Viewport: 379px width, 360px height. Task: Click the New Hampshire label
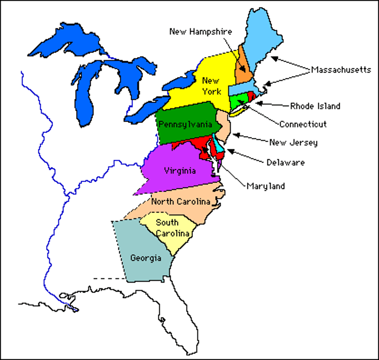point(200,31)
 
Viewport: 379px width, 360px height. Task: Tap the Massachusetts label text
point(341,70)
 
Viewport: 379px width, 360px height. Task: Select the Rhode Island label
point(315,106)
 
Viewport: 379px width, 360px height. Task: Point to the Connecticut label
point(303,124)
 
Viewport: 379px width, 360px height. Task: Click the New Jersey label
point(293,142)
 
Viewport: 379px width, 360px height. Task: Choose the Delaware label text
point(285,163)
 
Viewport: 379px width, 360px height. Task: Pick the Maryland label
point(266,186)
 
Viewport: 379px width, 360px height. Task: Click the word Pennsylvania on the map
point(185,124)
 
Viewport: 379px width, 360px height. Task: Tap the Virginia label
point(180,171)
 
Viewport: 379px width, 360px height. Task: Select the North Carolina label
point(181,202)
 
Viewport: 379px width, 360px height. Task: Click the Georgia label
point(146,258)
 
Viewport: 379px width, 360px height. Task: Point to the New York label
point(212,86)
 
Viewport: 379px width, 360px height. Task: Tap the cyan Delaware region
point(219,146)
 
